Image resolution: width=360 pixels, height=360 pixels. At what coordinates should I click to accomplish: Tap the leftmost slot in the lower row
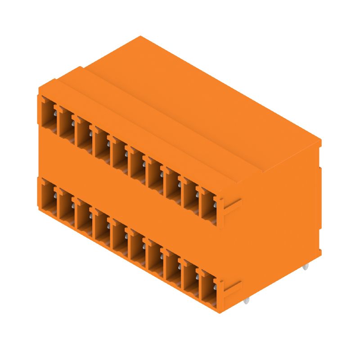coord(47,195)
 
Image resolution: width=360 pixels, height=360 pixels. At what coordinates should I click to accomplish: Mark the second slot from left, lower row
coord(65,205)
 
